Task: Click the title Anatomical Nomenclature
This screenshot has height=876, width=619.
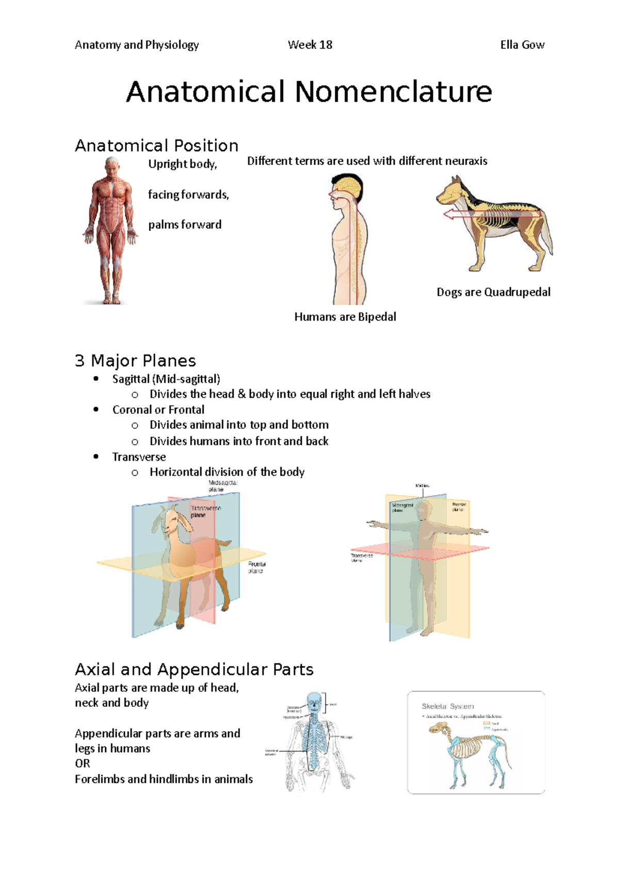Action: tap(309, 92)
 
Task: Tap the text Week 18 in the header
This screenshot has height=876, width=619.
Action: tap(310, 45)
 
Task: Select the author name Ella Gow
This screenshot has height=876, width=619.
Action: tap(522, 45)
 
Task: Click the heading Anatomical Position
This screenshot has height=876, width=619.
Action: tap(156, 145)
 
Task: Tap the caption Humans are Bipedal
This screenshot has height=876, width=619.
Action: tap(345, 317)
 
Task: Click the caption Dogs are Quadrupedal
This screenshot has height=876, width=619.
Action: tap(493, 292)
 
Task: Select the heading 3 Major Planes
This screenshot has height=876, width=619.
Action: tap(135, 360)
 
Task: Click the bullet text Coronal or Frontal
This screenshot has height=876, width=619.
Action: tap(158, 410)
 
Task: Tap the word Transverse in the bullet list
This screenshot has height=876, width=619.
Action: tap(139, 457)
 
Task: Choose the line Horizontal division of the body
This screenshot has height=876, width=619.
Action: tap(227, 472)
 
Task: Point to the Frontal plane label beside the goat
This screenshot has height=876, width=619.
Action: tap(256, 567)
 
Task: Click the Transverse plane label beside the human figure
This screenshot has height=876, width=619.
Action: tap(362, 558)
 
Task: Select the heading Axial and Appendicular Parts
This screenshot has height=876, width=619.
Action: tap(194, 669)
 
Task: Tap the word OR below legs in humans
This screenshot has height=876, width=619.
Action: tap(83, 764)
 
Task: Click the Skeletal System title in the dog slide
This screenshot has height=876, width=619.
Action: tap(448, 706)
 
